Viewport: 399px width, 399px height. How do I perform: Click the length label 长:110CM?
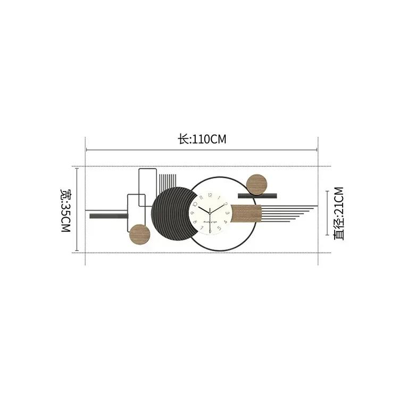tap(202, 140)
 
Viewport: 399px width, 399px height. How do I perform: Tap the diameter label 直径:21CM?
tap(339, 213)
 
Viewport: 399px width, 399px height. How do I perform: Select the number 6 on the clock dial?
tap(211, 232)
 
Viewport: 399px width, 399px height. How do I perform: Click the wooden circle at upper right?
tap(257, 184)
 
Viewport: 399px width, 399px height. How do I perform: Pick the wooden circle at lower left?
tap(140, 234)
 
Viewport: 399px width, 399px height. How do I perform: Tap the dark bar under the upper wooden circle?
tap(257, 196)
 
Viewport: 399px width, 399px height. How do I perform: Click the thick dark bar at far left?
tap(109, 216)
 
